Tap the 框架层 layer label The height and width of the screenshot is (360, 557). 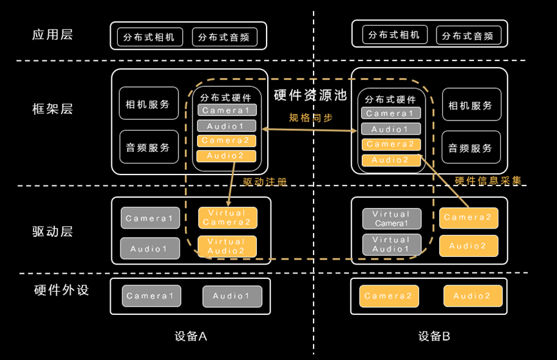(53, 108)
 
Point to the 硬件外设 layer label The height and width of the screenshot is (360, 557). (61, 290)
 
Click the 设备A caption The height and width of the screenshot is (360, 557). (191, 336)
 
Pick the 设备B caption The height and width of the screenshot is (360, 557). (434, 336)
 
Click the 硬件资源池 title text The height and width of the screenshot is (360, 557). (310, 95)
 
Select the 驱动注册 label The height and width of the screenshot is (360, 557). (265, 182)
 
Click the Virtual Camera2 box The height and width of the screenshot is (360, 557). (227, 218)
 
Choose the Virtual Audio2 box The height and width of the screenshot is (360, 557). (227, 246)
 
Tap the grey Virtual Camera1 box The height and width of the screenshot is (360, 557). (391, 218)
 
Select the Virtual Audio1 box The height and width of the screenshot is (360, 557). (391, 244)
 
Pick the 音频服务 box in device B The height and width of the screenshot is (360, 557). (470, 147)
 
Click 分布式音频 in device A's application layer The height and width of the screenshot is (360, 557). (224, 37)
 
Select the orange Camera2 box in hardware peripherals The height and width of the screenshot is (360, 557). (388, 296)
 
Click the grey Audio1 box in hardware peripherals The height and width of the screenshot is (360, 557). (232, 296)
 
